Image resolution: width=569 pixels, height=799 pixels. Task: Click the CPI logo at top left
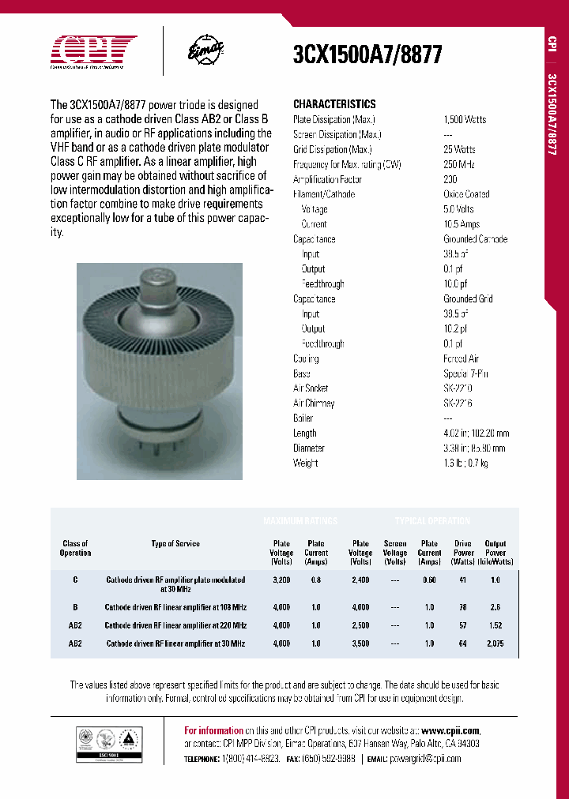[94, 50]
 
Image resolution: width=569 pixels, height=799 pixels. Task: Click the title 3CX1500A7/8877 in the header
[367, 54]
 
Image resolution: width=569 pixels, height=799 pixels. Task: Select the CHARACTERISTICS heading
[334, 104]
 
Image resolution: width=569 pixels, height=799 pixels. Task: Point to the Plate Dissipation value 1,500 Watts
[465, 119]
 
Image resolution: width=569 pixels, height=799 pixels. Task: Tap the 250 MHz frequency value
[459, 164]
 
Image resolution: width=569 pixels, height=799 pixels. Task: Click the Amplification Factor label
[327, 179]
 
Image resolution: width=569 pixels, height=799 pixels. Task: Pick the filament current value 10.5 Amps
[462, 224]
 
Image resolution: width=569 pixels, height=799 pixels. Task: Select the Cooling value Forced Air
[461, 358]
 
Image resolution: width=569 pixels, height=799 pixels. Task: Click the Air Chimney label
[314, 403]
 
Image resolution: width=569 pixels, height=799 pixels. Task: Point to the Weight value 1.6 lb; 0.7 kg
[465, 463]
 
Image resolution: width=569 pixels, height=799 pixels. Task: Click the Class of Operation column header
[76, 548]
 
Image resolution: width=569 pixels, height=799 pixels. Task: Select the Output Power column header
[496, 553]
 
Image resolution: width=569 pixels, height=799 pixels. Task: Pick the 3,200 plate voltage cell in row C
[281, 580]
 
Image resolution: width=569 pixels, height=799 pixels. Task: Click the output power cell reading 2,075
[496, 643]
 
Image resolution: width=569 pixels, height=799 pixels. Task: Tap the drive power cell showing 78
[463, 607]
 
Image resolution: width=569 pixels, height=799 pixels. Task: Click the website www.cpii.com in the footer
[450, 731]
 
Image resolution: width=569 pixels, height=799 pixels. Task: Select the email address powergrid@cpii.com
[426, 758]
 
